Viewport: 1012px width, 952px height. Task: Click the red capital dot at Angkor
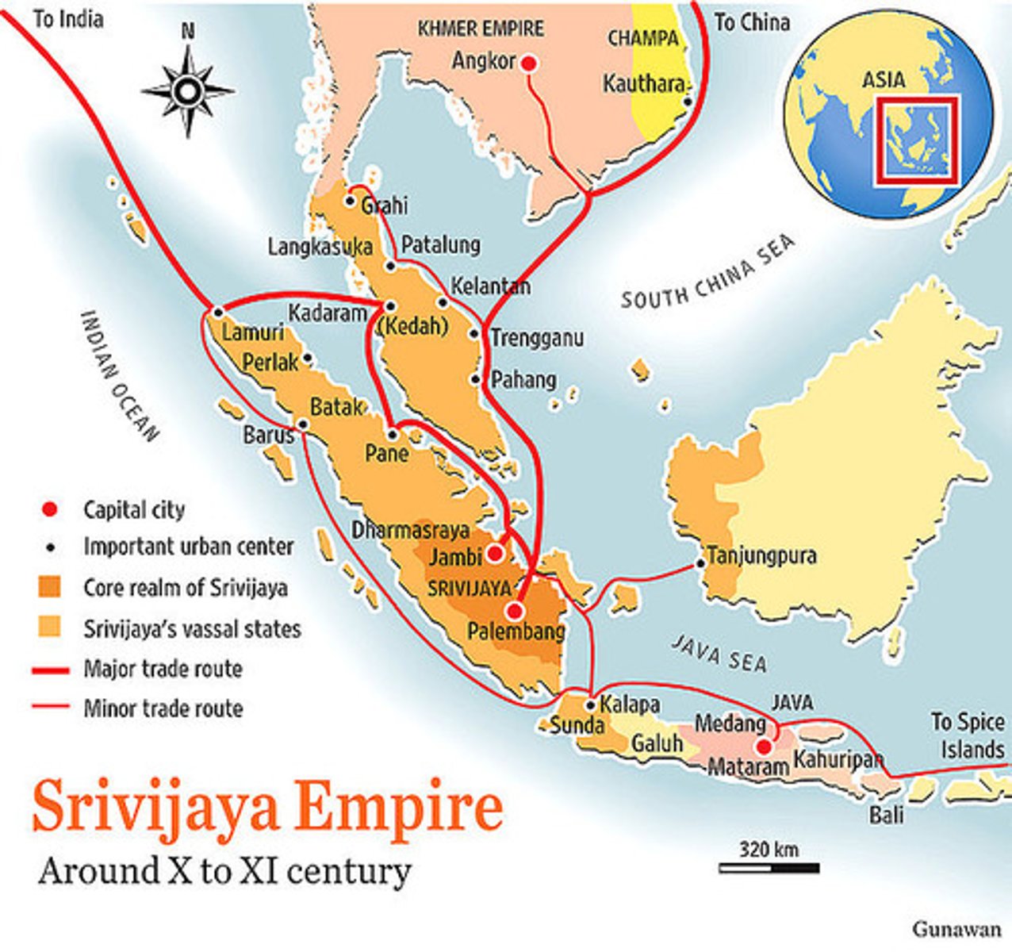point(529,63)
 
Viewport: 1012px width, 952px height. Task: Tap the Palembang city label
point(516,631)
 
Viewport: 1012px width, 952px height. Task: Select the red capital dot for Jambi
point(494,552)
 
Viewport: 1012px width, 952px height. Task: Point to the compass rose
point(188,91)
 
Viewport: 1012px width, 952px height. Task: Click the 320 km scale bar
point(769,868)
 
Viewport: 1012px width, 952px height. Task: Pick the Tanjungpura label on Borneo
point(761,555)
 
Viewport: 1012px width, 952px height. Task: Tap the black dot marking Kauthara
point(688,102)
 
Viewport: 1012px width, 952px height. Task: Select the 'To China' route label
point(752,22)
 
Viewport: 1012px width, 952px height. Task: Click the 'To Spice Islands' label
point(967,735)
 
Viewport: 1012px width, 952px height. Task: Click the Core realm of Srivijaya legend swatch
point(49,588)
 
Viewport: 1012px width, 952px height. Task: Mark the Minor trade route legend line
point(53,707)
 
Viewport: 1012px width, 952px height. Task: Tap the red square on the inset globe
point(917,141)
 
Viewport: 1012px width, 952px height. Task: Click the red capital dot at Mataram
point(763,747)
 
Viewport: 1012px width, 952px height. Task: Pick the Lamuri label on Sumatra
point(252,332)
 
